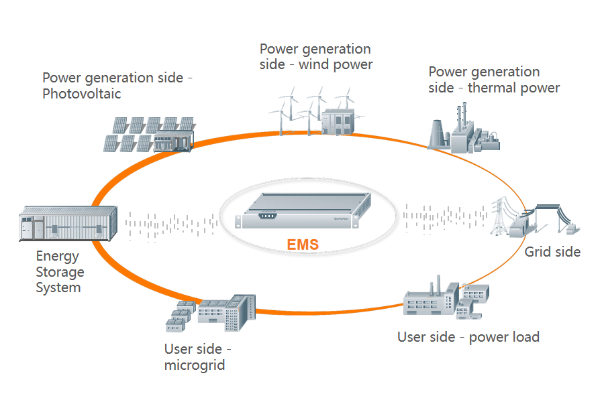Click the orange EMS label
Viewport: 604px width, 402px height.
[x=302, y=245]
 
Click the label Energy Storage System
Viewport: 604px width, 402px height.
[x=60, y=272]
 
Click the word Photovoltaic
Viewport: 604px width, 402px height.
[x=82, y=94]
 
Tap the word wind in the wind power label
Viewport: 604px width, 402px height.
[x=315, y=65]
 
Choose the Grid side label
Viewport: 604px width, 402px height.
[x=552, y=252]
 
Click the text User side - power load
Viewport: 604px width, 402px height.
[x=468, y=336]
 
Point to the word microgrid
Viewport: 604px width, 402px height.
[x=195, y=365]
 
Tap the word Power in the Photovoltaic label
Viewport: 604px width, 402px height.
[x=62, y=78]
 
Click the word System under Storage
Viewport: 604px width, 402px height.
[x=58, y=288]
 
